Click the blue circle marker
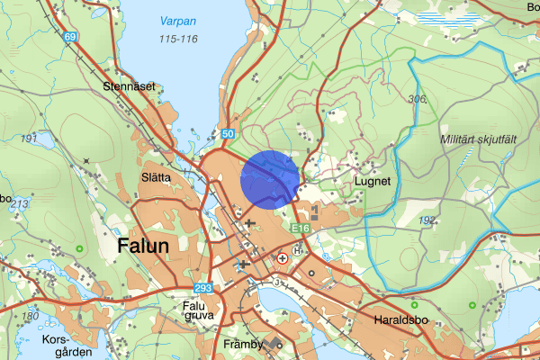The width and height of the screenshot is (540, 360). point(271,178)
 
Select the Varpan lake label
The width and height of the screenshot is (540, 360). point(178,21)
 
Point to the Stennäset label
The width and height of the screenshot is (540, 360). point(129,87)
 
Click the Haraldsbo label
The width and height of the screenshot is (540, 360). point(397,319)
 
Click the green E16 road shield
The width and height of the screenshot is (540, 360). point(301,230)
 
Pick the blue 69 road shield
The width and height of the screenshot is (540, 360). point(71,37)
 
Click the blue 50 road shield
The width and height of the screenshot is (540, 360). point(228,134)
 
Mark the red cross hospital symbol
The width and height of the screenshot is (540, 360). point(283,257)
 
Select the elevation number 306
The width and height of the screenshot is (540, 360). point(416,99)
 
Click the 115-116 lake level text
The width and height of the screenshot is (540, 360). point(177,40)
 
